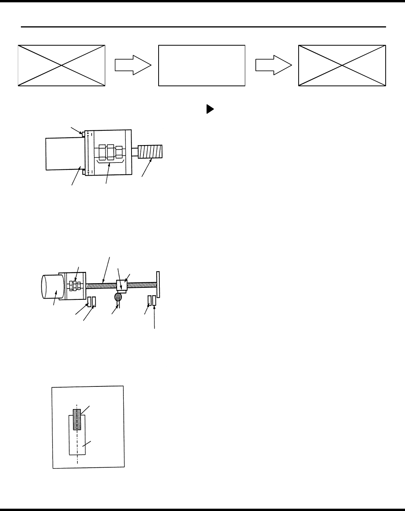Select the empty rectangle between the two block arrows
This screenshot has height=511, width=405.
coord(202,65)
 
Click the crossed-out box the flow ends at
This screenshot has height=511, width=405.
coord(342,65)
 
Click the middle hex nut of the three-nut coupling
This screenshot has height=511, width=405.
coord(110,152)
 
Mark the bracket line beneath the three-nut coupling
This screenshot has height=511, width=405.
coord(111,163)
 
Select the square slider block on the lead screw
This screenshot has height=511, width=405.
coord(122,286)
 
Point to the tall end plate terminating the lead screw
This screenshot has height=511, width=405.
coord(158,284)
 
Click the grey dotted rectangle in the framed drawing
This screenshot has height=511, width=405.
coord(77,419)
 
